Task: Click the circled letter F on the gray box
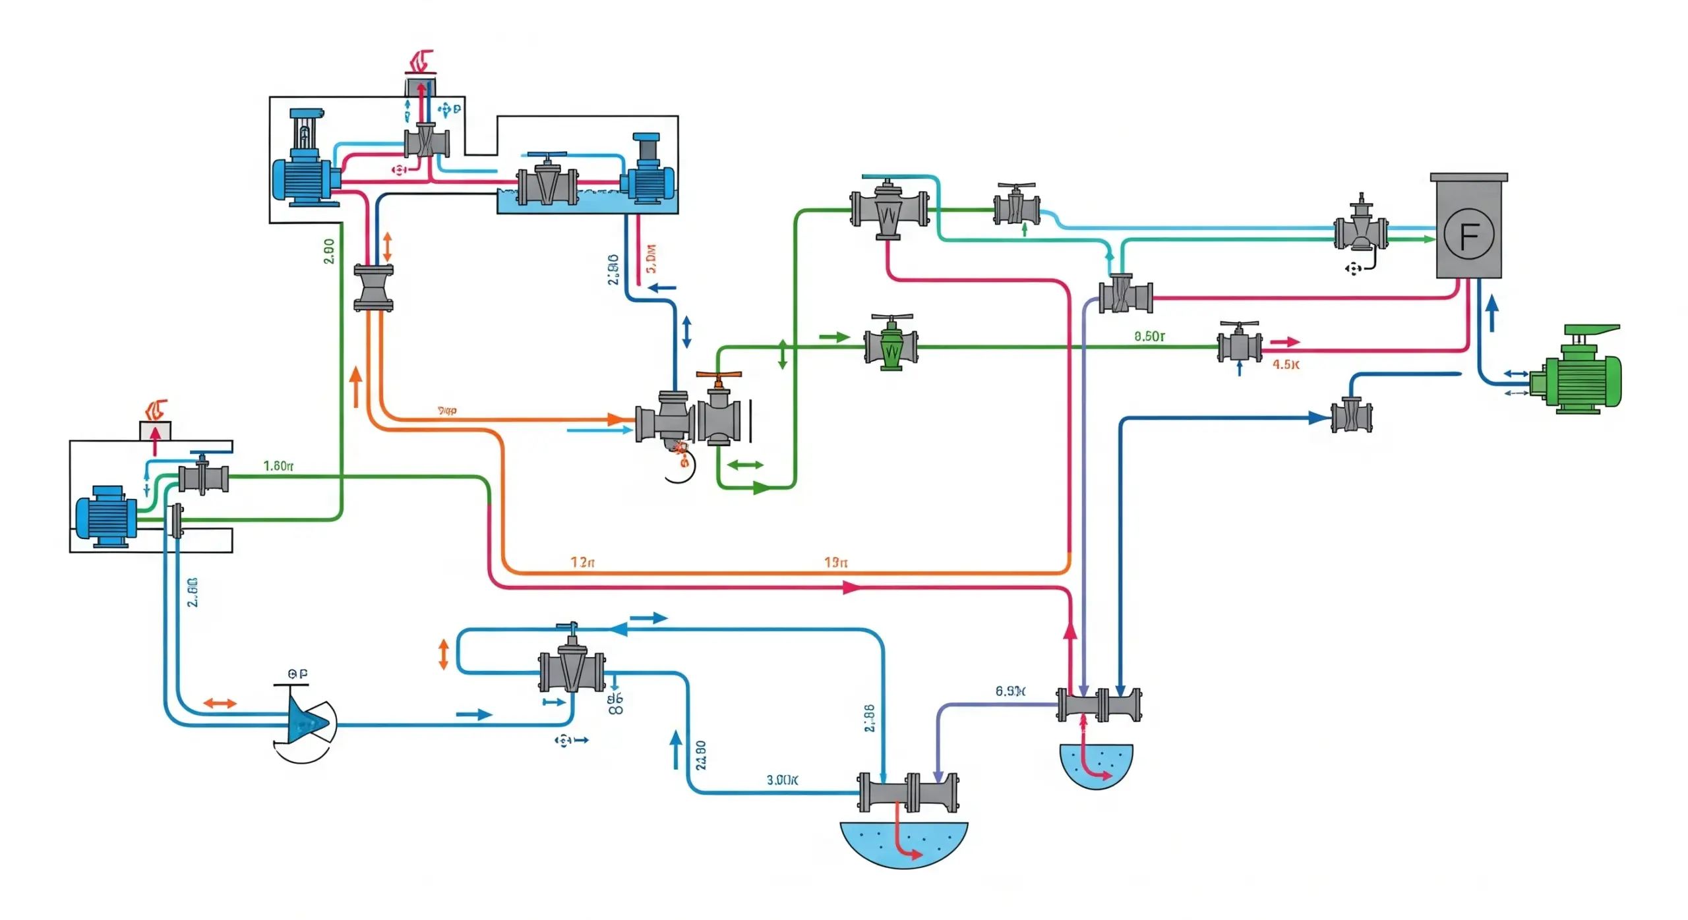[1468, 234]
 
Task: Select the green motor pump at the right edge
[1579, 373]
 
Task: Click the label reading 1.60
[278, 466]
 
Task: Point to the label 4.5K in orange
[1285, 364]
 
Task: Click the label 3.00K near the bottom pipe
[782, 780]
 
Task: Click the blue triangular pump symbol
[305, 723]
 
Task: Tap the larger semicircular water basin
[903, 844]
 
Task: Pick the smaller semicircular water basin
[1096, 764]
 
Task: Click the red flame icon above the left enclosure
[156, 410]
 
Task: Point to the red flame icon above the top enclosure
[421, 61]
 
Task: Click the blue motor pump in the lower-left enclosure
[105, 516]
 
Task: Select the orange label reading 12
[582, 562]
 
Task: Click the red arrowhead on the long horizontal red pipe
[852, 587]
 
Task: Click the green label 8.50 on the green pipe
[1149, 336]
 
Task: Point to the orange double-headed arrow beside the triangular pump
[220, 703]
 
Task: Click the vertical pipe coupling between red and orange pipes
[374, 288]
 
